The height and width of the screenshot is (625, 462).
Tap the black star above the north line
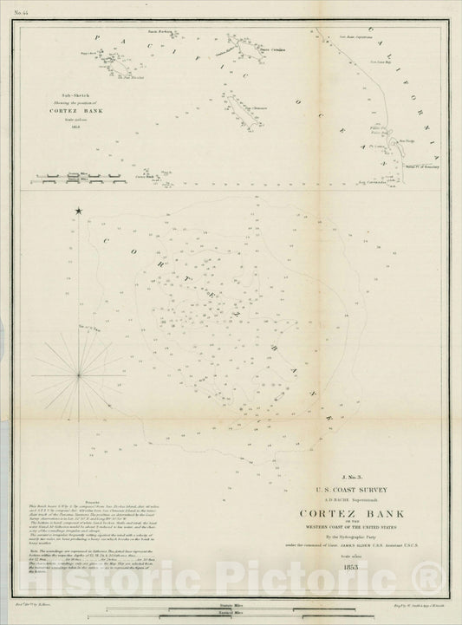coord(78,211)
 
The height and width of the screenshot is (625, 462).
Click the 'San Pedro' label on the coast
coord(409,138)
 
